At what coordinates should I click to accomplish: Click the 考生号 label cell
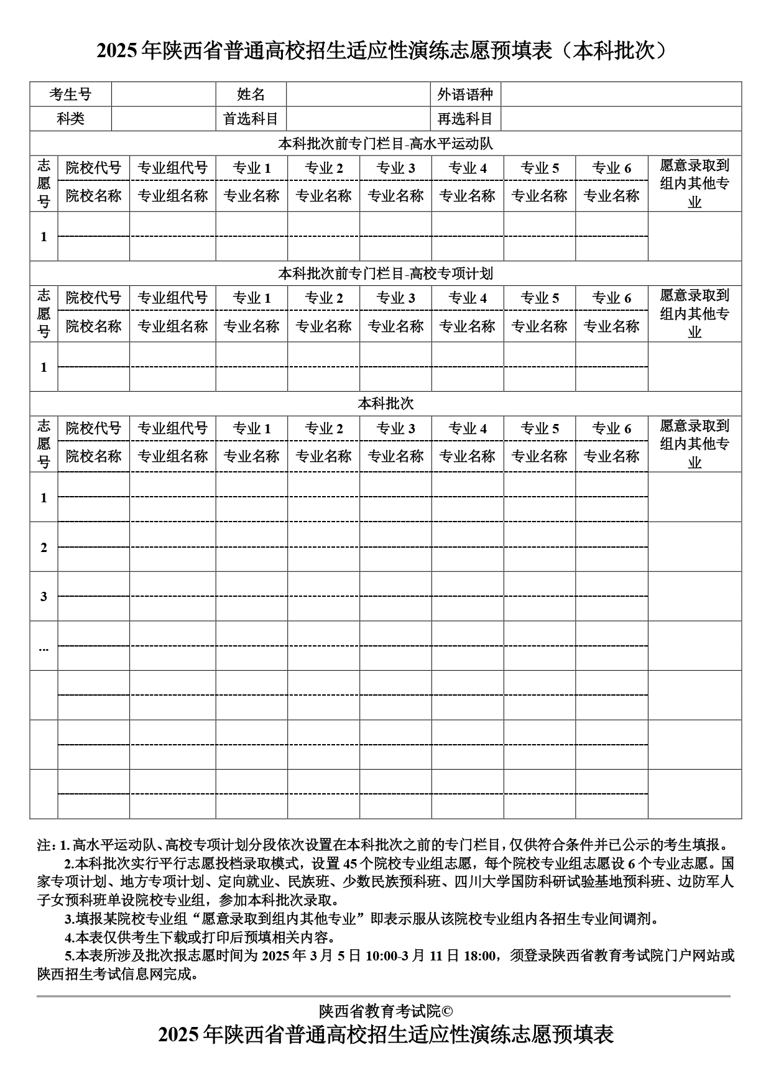point(70,94)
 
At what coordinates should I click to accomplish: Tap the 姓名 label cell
point(251,94)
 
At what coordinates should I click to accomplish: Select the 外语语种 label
point(465,94)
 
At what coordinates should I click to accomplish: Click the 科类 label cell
point(70,119)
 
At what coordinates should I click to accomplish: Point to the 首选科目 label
point(251,119)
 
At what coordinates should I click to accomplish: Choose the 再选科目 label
point(465,119)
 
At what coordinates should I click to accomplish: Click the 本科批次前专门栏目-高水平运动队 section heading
point(386,144)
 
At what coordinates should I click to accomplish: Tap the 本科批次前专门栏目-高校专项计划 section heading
point(386,274)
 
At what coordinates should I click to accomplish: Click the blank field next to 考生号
point(164,94)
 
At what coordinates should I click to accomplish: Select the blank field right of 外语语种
point(621,94)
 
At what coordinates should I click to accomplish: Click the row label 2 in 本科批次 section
point(44,547)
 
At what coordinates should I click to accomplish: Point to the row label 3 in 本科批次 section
point(44,597)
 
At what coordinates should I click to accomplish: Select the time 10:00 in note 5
point(381,955)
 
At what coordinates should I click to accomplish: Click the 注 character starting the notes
point(44,845)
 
